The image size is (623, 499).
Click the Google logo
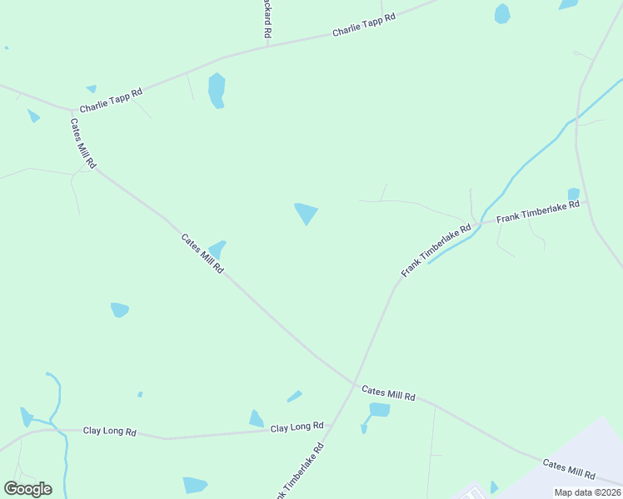pyautogui.click(x=27, y=489)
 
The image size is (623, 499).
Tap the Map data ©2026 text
pyautogui.click(x=586, y=492)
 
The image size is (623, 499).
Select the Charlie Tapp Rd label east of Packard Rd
pyautogui.click(x=363, y=24)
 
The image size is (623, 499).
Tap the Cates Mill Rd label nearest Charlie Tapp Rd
pyautogui.click(x=83, y=143)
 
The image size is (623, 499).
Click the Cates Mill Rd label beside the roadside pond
pyautogui.click(x=203, y=254)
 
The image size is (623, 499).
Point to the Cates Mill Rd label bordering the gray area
pyautogui.click(x=569, y=470)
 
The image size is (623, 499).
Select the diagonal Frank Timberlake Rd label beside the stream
pyautogui.click(x=436, y=249)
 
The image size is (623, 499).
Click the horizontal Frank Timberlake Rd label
pyautogui.click(x=537, y=211)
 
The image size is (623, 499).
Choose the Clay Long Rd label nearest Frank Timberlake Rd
pyautogui.click(x=297, y=427)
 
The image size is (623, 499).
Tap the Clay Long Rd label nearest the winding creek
pyautogui.click(x=109, y=431)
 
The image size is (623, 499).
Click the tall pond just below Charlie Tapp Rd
pyautogui.click(x=217, y=90)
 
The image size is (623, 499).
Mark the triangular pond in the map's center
pyautogui.click(x=307, y=213)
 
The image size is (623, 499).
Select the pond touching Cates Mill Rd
pyautogui.click(x=217, y=248)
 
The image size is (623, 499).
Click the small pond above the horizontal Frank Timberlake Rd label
pyautogui.click(x=573, y=194)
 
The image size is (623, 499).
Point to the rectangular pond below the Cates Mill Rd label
pyautogui.click(x=379, y=409)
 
